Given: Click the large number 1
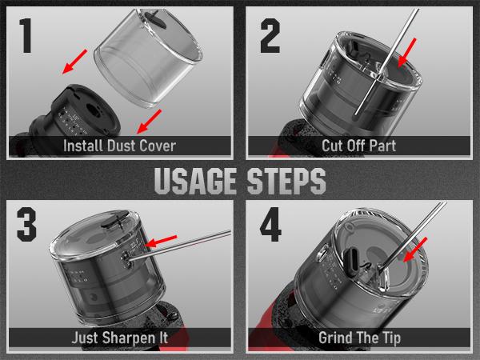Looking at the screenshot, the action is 26,35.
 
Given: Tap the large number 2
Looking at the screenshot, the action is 270,35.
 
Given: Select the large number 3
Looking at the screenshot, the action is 26,224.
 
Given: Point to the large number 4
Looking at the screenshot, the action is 270,224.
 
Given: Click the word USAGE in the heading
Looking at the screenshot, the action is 195,181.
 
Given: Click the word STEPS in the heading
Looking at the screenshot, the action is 286,181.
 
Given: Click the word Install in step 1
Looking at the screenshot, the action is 82,146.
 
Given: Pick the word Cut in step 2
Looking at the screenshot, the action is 332,146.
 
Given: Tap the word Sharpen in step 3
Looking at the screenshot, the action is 129,338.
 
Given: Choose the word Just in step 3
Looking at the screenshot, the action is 85,338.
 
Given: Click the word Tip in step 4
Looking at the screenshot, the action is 391,338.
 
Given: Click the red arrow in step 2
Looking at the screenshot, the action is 407,53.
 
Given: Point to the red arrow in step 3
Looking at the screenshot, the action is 161,242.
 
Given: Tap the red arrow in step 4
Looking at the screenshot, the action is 414,250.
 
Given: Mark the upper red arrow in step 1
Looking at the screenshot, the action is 74,62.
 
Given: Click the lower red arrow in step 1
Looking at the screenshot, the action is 149,122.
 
